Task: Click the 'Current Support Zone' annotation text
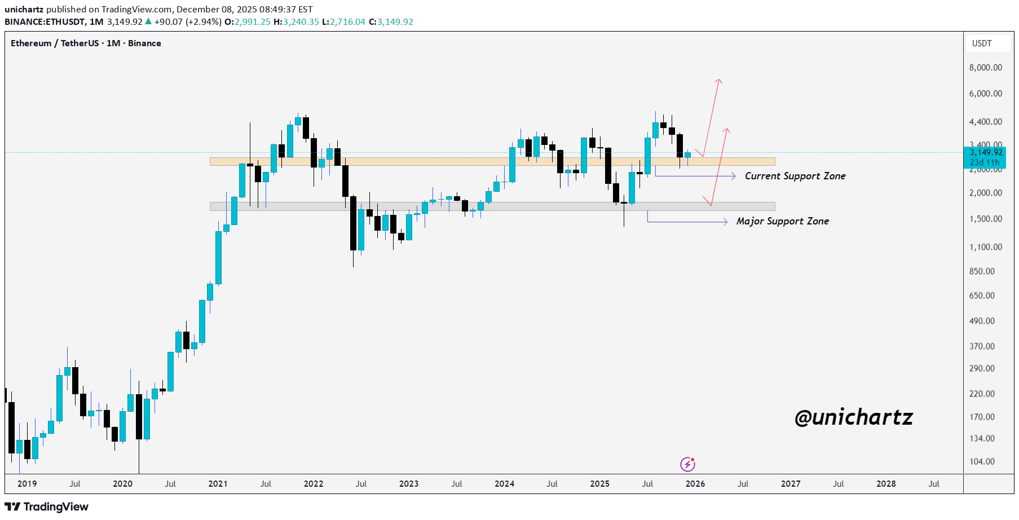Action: coord(795,176)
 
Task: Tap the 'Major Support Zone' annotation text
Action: coord(782,221)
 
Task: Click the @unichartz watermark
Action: coord(853,417)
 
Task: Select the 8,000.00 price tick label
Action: coord(985,68)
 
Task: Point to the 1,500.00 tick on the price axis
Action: coord(985,219)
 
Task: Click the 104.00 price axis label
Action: coord(982,461)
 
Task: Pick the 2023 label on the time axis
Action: coord(409,484)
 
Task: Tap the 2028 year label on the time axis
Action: coord(886,484)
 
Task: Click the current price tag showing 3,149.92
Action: coord(986,152)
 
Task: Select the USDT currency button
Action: coord(982,43)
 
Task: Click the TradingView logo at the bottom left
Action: coord(47,506)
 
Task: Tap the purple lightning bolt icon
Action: coord(687,464)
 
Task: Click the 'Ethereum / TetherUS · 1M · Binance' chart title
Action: coord(86,43)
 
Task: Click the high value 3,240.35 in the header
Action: coord(301,22)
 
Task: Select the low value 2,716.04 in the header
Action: coord(347,22)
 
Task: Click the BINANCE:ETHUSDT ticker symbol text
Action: coord(45,22)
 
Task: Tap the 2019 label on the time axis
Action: coord(27,484)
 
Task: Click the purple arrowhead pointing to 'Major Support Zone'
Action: coord(725,222)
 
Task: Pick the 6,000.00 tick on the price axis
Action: coord(985,94)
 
